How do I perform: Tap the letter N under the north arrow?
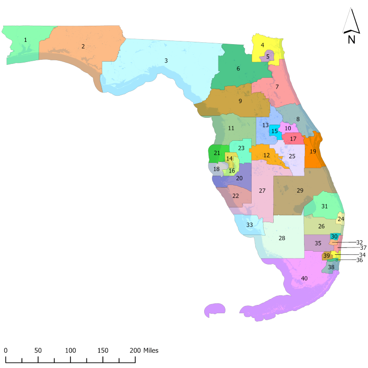351,39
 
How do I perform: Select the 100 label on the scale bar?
70,351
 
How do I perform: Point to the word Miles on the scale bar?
151,351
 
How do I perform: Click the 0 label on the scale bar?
6,351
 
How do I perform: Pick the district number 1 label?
25,40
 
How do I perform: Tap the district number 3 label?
166,60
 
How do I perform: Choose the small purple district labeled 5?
267,57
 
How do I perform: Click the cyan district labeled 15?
275,131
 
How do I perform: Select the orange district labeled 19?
313,151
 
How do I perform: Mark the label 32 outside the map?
360,242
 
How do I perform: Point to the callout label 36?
359,260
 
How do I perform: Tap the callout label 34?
362,254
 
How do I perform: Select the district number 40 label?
304,278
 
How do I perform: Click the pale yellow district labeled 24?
340,219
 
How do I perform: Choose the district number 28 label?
282,238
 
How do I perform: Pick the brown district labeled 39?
326,256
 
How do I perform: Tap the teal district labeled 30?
334,236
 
